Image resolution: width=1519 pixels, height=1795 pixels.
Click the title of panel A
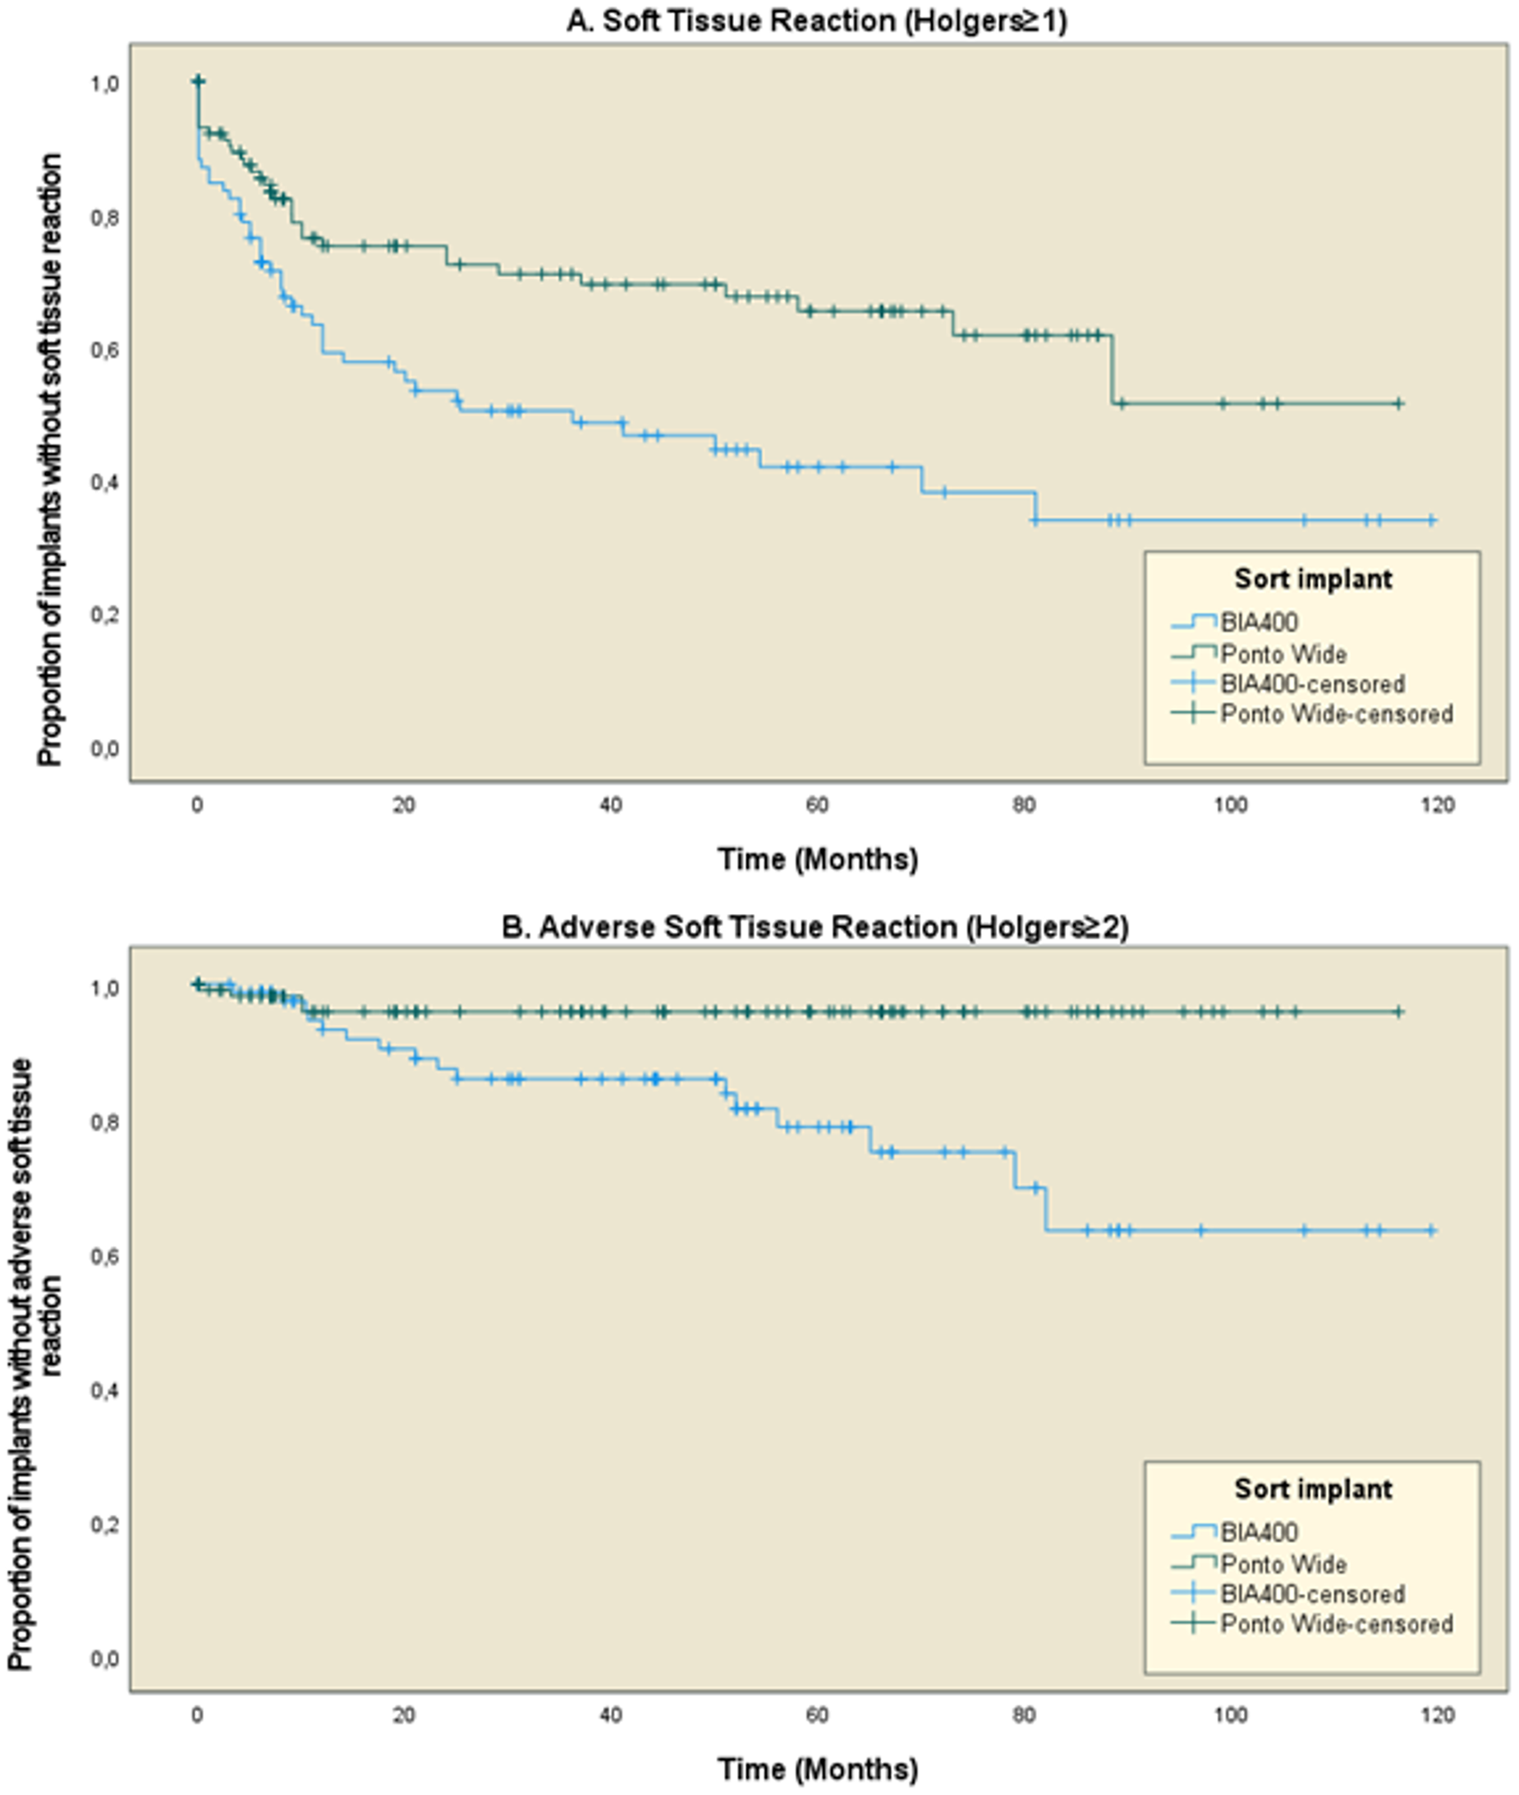(x=816, y=20)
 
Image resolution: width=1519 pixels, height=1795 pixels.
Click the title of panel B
(x=815, y=927)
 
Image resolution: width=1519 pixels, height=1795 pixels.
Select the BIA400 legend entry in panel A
(x=1259, y=622)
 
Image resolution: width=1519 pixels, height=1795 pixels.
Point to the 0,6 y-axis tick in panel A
(x=106, y=349)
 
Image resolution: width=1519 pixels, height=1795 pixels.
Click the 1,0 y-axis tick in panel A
(x=106, y=84)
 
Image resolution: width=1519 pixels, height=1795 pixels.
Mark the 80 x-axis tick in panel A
(x=1024, y=806)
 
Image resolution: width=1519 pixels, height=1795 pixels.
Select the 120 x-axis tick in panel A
(x=1437, y=806)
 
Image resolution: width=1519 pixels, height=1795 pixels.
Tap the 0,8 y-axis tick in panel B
(x=106, y=1121)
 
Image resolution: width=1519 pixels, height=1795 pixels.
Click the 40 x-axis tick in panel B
(x=611, y=1715)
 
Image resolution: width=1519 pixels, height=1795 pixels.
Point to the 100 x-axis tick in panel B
(x=1231, y=1715)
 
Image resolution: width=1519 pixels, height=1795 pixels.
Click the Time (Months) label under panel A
(x=818, y=859)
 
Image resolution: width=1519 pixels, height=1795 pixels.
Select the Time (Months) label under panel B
(x=818, y=1770)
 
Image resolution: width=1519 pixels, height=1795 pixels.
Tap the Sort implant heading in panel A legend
(x=1313, y=579)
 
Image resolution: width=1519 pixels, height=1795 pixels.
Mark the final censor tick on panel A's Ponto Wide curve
(x=1398, y=403)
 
